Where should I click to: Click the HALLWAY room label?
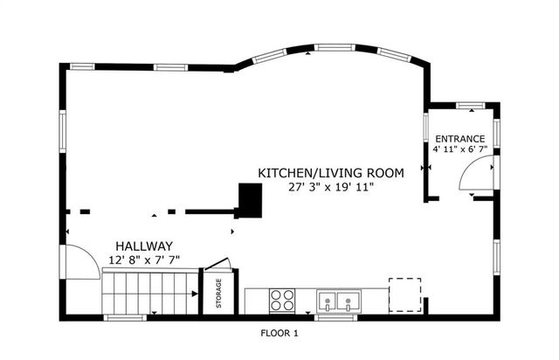pyautogui.click(x=140, y=247)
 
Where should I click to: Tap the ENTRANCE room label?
pyautogui.click(x=459, y=138)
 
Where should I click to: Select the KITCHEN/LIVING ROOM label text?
pyautogui.click(x=330, y=173)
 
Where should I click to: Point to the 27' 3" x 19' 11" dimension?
pyautogui.click(x=330, y=187)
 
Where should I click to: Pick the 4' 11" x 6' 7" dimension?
pyautogui.click(x=459, y=149)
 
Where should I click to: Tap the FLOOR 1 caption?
pyautogui.click(x=279, y=333)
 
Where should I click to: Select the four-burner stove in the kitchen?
pyautogui.click(x=282, y=300)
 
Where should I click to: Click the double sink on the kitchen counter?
pyautogui.click(x=338, y=301)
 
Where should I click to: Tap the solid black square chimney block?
pyautogui.click(x=250, y=200)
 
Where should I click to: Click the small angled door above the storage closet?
pyautogui.click(x=217, y=266)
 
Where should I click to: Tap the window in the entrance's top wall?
pyautogui.click(x=471, y=105)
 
